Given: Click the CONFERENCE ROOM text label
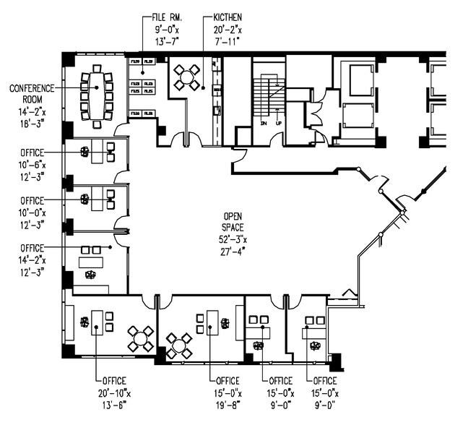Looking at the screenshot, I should click(33, 94).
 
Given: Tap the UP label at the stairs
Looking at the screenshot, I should click(279, 124).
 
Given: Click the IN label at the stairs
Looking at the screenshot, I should click(264, 124).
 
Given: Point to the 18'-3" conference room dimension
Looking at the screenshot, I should click(32, 124).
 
